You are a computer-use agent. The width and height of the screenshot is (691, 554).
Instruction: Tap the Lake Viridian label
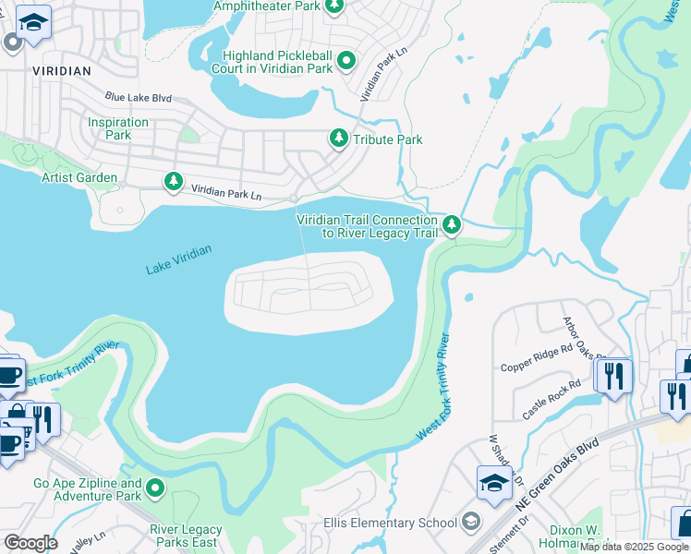point(178,259)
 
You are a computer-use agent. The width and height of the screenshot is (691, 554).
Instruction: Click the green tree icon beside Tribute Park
point(339,138)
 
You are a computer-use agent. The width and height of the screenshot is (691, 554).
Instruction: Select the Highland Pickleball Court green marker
point(346,61)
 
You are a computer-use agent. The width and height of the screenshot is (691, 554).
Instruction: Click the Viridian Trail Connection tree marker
point(452,224)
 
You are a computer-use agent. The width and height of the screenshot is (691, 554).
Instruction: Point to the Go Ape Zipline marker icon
point(155,488)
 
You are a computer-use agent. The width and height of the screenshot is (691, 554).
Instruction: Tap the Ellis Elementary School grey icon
point(471,523)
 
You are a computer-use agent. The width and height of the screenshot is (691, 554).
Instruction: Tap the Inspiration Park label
point(118,128)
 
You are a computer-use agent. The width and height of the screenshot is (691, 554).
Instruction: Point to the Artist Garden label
point(79,177)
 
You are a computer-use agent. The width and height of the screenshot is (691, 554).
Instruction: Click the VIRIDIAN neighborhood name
point(61,70)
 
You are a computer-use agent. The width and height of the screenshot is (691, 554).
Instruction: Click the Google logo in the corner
point(30,543)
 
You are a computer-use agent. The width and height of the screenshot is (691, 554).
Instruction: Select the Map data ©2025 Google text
point(634,547)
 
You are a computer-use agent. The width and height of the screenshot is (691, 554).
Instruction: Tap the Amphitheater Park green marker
point(334,7)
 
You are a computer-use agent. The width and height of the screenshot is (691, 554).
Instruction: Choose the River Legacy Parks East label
point(186,536)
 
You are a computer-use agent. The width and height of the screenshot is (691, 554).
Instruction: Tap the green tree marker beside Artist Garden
point(172,181)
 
